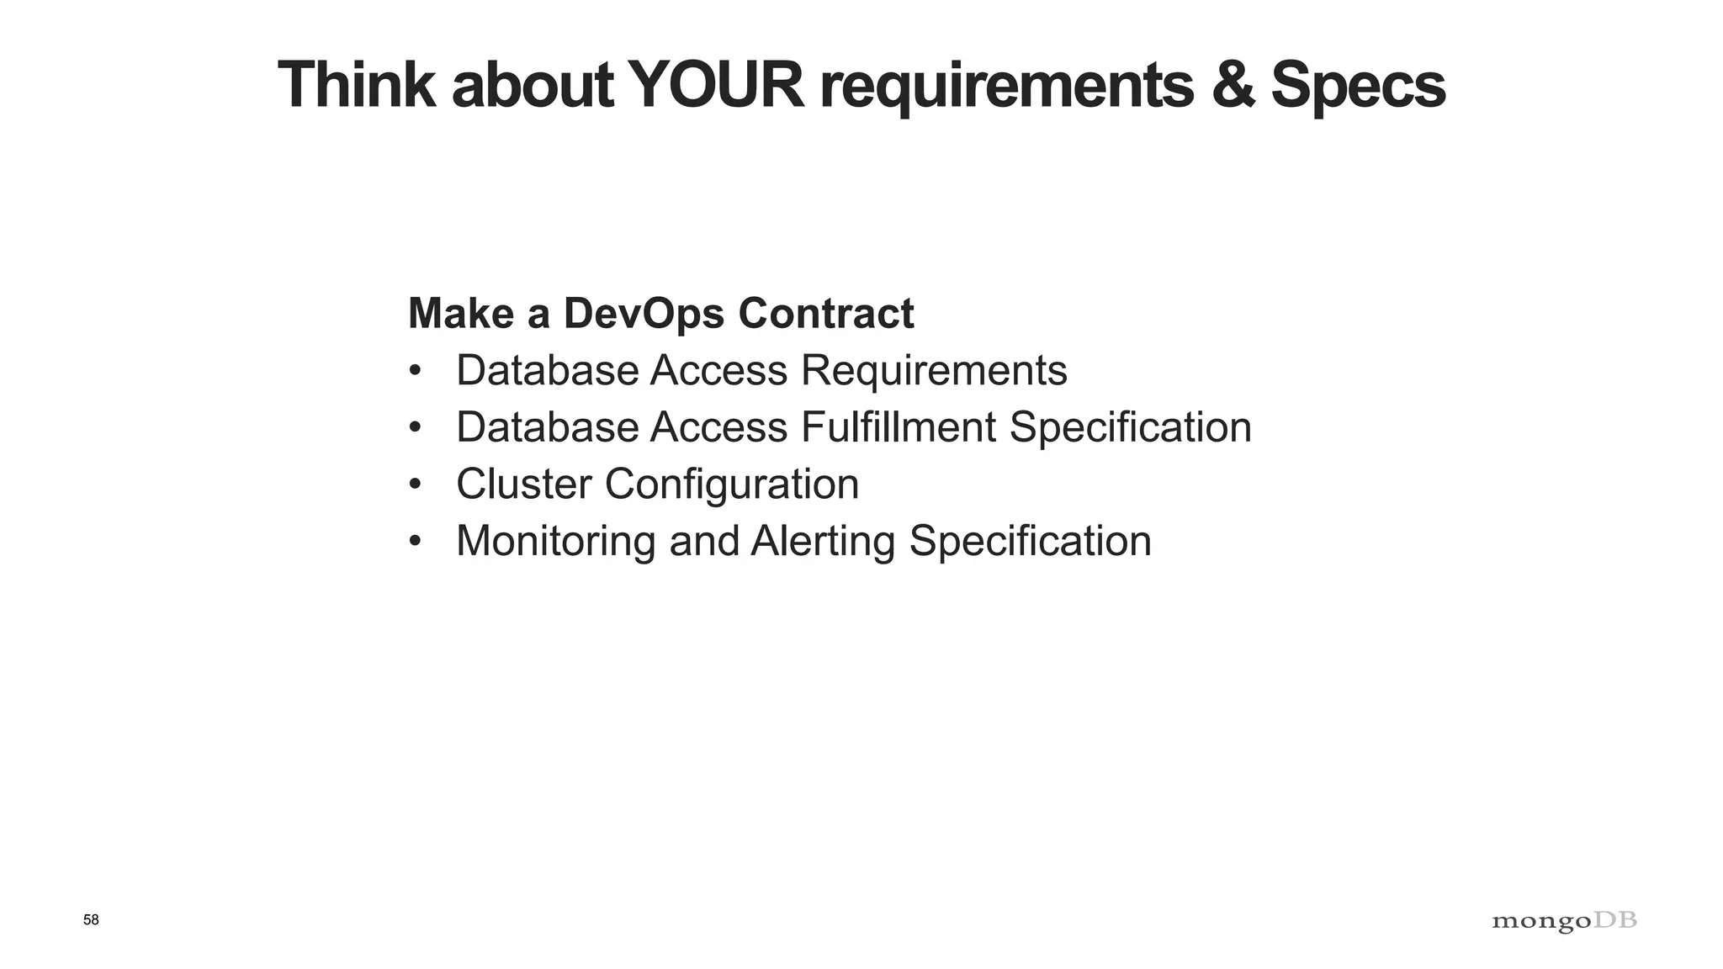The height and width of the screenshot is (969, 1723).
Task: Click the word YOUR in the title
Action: click(716, 85)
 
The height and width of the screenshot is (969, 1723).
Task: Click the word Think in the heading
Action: click(357, 85)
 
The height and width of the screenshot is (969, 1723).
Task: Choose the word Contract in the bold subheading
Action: click(826, 314)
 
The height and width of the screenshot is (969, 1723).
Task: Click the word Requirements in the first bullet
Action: click(934, 371)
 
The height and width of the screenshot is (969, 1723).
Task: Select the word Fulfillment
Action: click(899, 427)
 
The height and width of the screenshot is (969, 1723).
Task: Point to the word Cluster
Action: click(523, 484)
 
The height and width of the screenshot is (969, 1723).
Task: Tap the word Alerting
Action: click(822, 542)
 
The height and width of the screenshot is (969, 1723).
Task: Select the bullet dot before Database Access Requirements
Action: click(414, 371)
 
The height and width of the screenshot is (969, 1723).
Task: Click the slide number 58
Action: click(91, 920)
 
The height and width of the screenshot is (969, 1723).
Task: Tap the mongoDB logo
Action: click(1564, 922)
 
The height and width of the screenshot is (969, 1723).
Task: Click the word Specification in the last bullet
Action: click(1030, 542)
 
